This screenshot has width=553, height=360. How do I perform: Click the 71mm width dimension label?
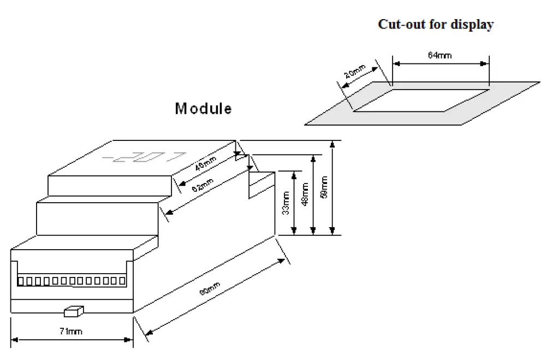(72, 331)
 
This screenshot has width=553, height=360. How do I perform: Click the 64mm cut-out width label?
(440, 55)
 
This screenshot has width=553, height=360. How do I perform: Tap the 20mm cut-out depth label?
(355, 73)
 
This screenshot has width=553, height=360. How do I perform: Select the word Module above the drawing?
(203, 109)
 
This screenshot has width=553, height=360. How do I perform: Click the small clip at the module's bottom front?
(73, 311)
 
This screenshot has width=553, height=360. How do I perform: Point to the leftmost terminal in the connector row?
(21, 281)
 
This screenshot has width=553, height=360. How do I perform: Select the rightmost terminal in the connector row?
(122, 281)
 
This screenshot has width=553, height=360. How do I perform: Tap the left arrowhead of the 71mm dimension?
(14, 340)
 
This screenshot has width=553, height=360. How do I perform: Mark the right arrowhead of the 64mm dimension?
(485, 64)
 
